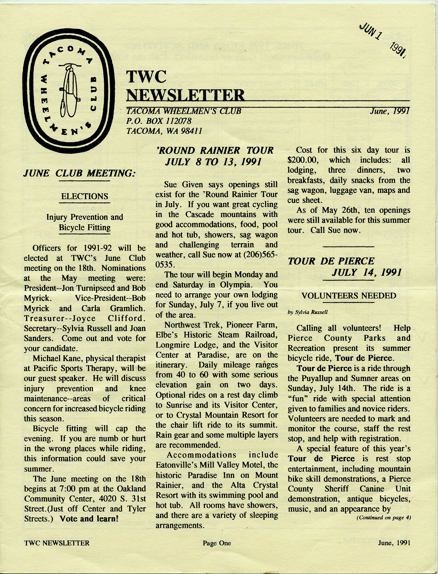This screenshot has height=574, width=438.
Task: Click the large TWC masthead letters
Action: point(146,77)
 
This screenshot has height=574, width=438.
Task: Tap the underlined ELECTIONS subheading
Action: point(84,196)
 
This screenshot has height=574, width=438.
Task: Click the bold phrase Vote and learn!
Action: point(89,518)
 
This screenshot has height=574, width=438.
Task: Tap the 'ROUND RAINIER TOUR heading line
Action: point(215,150)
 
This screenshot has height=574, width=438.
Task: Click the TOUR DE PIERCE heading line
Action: point(331,261)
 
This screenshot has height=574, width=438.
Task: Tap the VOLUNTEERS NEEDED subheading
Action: point(349,296)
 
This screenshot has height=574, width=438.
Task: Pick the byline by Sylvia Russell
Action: point(308,312)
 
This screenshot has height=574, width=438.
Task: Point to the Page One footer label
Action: point(217,543)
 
